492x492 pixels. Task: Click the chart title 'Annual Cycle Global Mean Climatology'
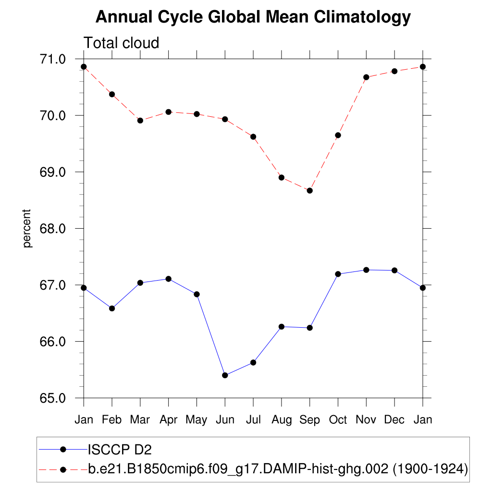[253, 17]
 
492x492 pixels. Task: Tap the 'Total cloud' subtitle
[121, 43]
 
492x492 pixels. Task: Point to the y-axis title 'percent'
[27, 228]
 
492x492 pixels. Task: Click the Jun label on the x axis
[225, 420]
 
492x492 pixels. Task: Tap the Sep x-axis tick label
[309, 420]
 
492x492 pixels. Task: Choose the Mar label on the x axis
[140, 420]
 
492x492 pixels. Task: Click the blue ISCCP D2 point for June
[225, 375]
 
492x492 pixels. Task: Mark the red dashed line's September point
[309, 191]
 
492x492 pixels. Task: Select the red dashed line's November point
[366, 77]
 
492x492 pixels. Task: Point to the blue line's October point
[338, 274]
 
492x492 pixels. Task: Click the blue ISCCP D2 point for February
[112, 308]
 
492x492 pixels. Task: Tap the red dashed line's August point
[282, 178]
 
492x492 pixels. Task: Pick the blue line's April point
[168, 279]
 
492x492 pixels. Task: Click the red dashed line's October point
[338, 135]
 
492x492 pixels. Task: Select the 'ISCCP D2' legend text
[120, 450]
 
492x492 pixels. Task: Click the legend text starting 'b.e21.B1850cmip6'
[278, 469]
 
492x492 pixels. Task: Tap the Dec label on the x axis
[394, 420]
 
